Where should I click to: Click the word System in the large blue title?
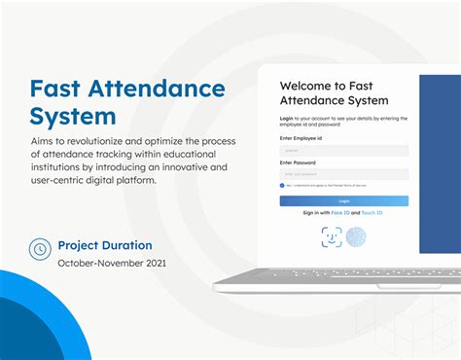pyautogui.click(x=73, y=117)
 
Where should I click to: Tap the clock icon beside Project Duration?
pyautogui.click(x=40, y=248)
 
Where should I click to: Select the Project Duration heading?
pyautogui.click(x=104, y=245)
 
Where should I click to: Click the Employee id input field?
pyautogui.click(x=343, y=151)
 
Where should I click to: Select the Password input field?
pyautogui.click(x=343, y=173)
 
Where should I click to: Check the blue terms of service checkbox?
pyautogui.click(x=282, y=185)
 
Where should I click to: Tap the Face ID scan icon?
pyautogui.click(x=332, y=236)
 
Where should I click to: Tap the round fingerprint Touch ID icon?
pyautogui.click(x=357, y=236)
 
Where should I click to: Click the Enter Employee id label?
pyautogui.click(x=301, y=139)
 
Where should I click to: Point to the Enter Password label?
pyautogui.click(x=299, y=162)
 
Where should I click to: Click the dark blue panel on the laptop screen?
pyautogui.click(x=440, y=165)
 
